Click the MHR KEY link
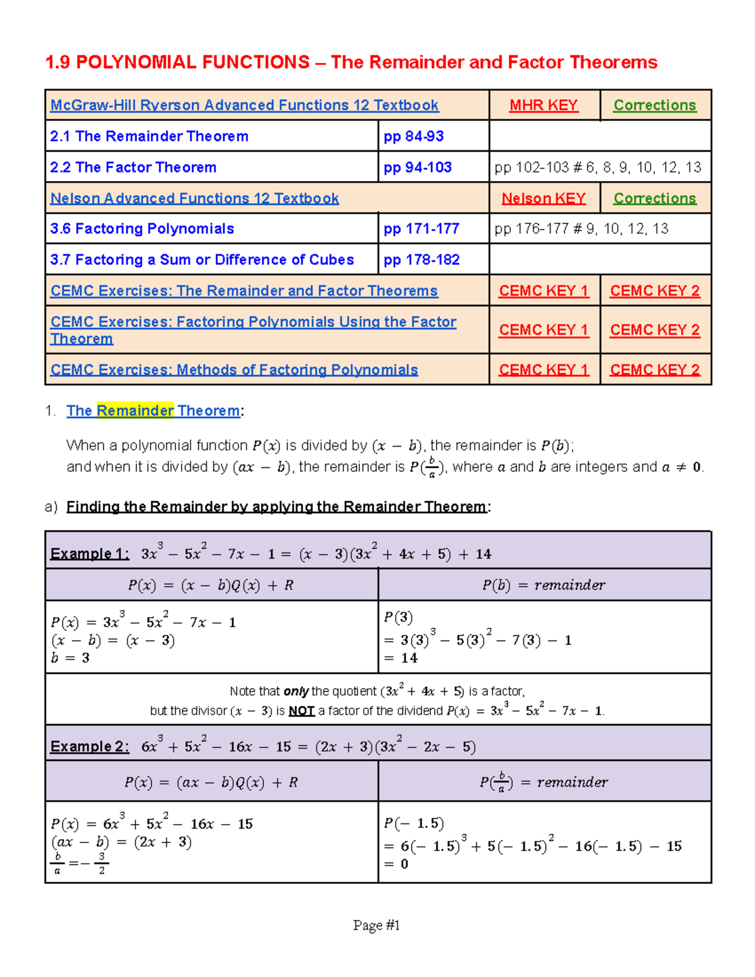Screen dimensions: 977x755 click(544, 105)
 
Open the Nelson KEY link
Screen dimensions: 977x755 click(544, 198)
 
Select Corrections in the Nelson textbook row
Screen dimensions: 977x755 click(654, 198)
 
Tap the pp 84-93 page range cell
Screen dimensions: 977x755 click(414, 136)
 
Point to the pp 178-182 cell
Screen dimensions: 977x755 click(422, 260)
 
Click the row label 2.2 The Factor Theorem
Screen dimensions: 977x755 click(133, 167)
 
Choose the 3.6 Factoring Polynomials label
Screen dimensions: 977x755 click(142, 229)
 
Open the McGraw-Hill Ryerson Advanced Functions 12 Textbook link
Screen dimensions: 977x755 click(244, 105)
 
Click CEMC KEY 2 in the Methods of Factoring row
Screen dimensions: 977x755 click(654, 370)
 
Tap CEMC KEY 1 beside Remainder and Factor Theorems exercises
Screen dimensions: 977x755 click(544, 291)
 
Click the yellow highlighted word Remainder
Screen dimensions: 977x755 click(135, 411)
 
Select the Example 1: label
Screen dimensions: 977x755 click(89, 554)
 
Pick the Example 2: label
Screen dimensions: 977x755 click(89, 746)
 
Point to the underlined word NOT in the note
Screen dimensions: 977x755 click(301, 711)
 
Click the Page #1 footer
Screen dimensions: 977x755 click(376, 925)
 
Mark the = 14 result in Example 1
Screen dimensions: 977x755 click(401, 658)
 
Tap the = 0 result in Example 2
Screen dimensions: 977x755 click(396, 864)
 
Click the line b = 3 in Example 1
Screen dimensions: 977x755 click(70, 658)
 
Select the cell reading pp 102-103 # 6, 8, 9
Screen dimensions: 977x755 click(598, 167)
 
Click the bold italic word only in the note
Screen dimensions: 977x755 click(296, 691)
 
